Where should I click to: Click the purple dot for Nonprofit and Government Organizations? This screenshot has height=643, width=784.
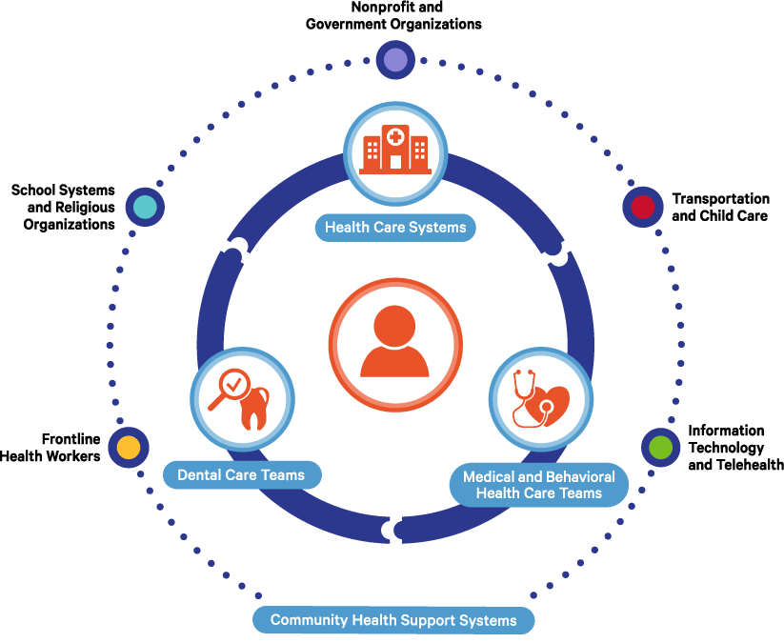pyautogui.click(x=394, y=61)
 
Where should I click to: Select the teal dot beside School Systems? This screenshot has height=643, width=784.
pyautogui.click(x=145, y=207)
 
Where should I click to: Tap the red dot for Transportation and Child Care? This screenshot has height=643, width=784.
pyautogui.click(x=643, y=207)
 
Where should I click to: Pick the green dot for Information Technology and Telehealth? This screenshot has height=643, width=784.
pyautogui.click(x=659, y=446)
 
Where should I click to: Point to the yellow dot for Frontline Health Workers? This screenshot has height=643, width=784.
pyautogui.click(x=129, y=447)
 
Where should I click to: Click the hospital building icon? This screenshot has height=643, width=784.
pyautogui.click(x=394, y=151)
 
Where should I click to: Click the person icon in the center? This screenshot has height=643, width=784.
pyautogui.click(x=394, y=341)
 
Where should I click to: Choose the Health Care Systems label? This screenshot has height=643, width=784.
pyautogui.click(x=394, y=228)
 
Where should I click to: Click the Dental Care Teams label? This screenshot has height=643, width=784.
pyautogui.click(x=241, y=474)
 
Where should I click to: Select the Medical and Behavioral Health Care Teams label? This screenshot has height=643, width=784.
pyautogui.click(x=539, y=485)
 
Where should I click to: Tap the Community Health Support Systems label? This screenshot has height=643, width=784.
pyautogui.click(x=393, y=620)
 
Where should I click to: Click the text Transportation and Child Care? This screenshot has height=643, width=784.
pyautogui.click(x=720, y=207)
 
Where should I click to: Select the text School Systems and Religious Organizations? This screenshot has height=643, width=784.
pyautogui.click(x=63, y=207)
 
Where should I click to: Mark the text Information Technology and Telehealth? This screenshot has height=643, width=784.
pyautogui.click(x=734, y=447)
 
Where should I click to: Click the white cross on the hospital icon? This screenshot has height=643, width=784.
pyautogui.click(x=394, y=136)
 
